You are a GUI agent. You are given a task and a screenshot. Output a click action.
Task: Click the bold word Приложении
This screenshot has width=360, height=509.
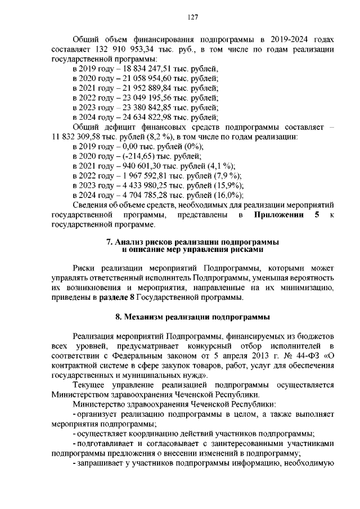tap(278, 215)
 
